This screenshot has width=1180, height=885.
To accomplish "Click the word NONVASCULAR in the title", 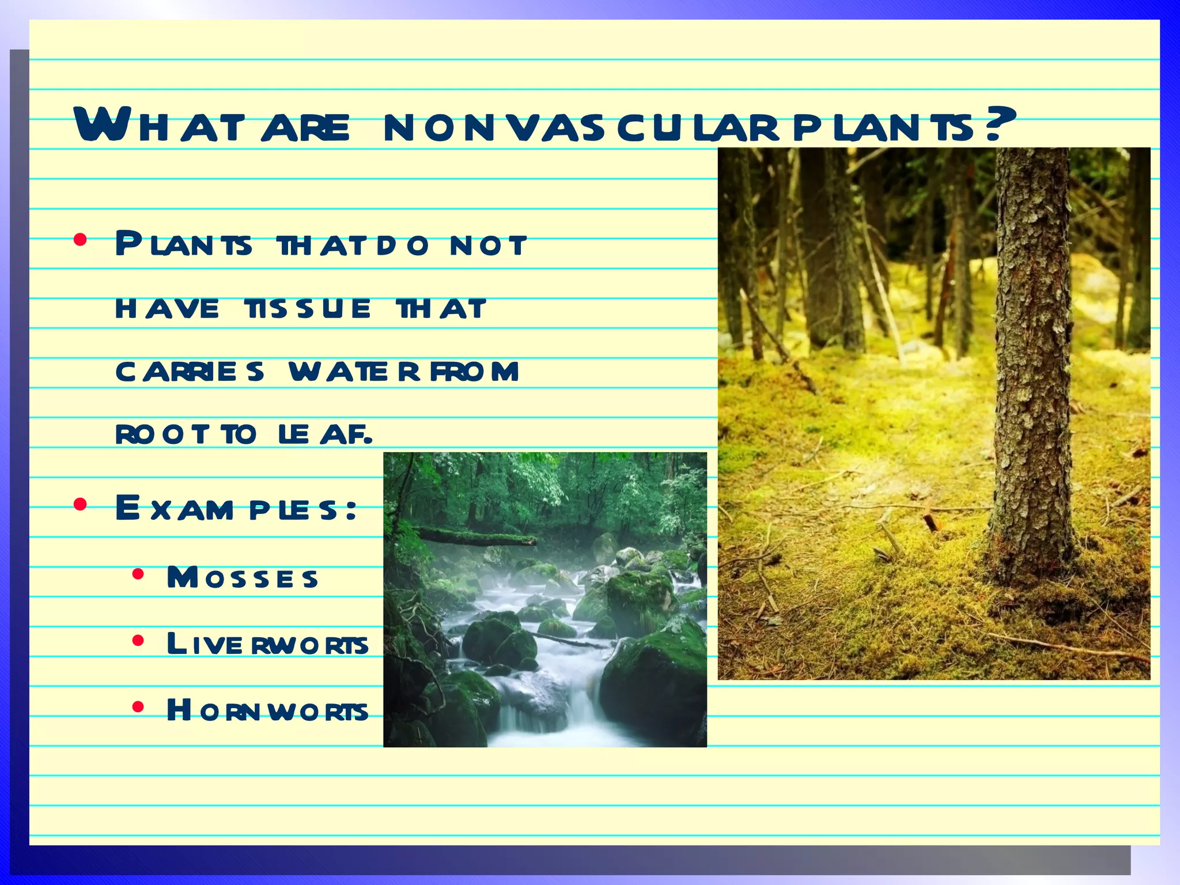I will (580, 128).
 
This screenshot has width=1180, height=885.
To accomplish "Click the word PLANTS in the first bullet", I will (183, 245).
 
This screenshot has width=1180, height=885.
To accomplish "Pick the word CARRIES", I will (190, 372).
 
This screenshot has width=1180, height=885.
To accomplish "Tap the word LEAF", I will (324, 434).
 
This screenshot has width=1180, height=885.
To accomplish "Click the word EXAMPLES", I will (236, 509).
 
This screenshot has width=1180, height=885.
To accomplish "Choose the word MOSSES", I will (242, 578).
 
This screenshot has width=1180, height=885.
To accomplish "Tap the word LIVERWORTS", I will (267, 644).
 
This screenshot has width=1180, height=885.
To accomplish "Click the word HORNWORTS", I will (267, 710).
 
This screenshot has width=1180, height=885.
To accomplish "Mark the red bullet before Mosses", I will (137, 574).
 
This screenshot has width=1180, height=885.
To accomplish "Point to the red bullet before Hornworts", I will (137, 706).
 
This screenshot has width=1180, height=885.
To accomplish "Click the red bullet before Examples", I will (80, 505).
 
